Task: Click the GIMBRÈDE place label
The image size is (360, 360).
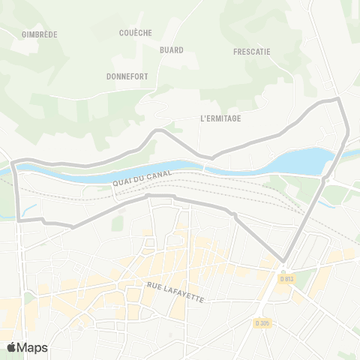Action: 40,34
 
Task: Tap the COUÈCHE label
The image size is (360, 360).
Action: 136,32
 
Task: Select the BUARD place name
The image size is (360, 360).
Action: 171,49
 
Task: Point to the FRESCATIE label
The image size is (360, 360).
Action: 251,52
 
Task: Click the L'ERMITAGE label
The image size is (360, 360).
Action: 220,118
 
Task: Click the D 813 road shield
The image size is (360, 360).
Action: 286,279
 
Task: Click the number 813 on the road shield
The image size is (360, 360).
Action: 288,279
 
